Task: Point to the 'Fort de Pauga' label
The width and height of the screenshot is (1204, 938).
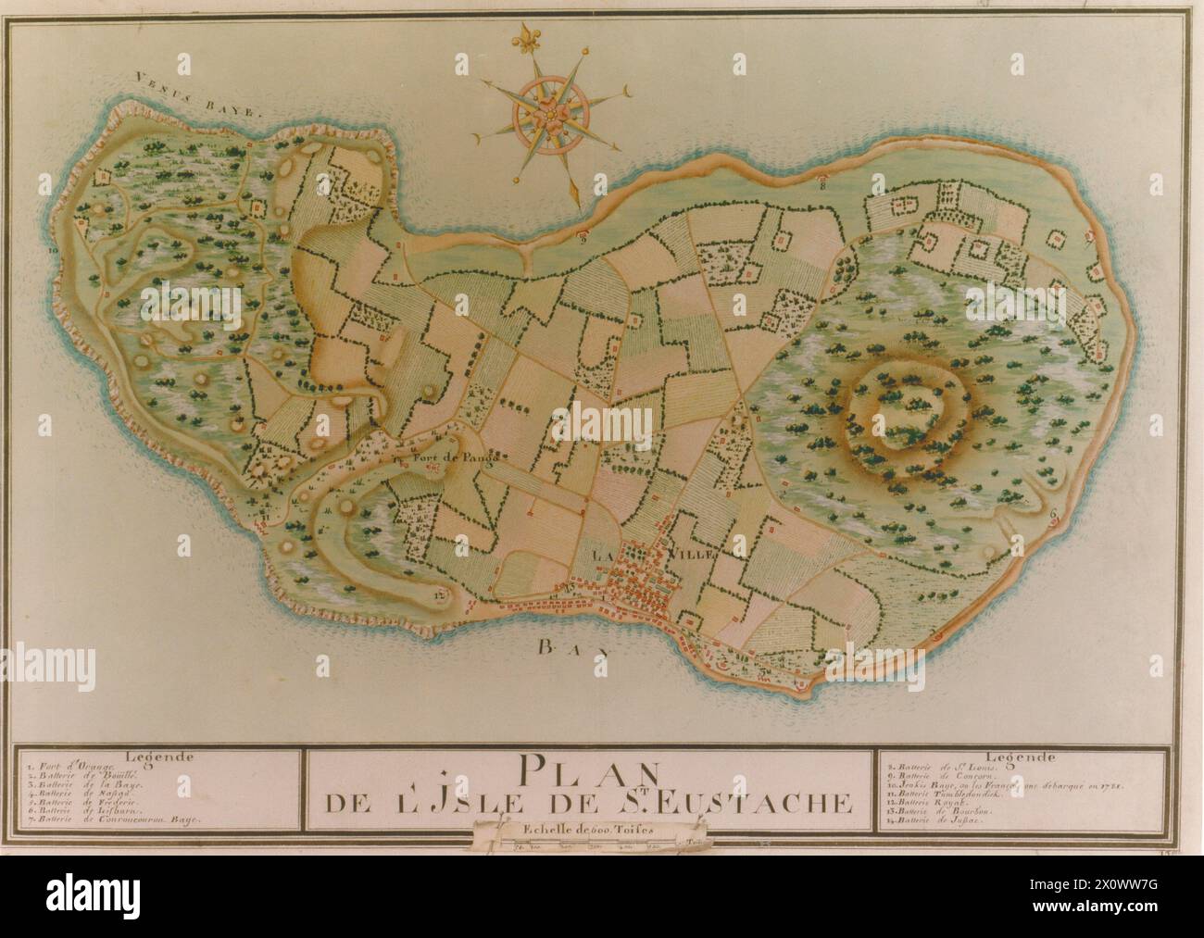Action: coord(452,456)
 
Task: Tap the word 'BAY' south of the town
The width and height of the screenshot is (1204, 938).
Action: coord(573,648)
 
